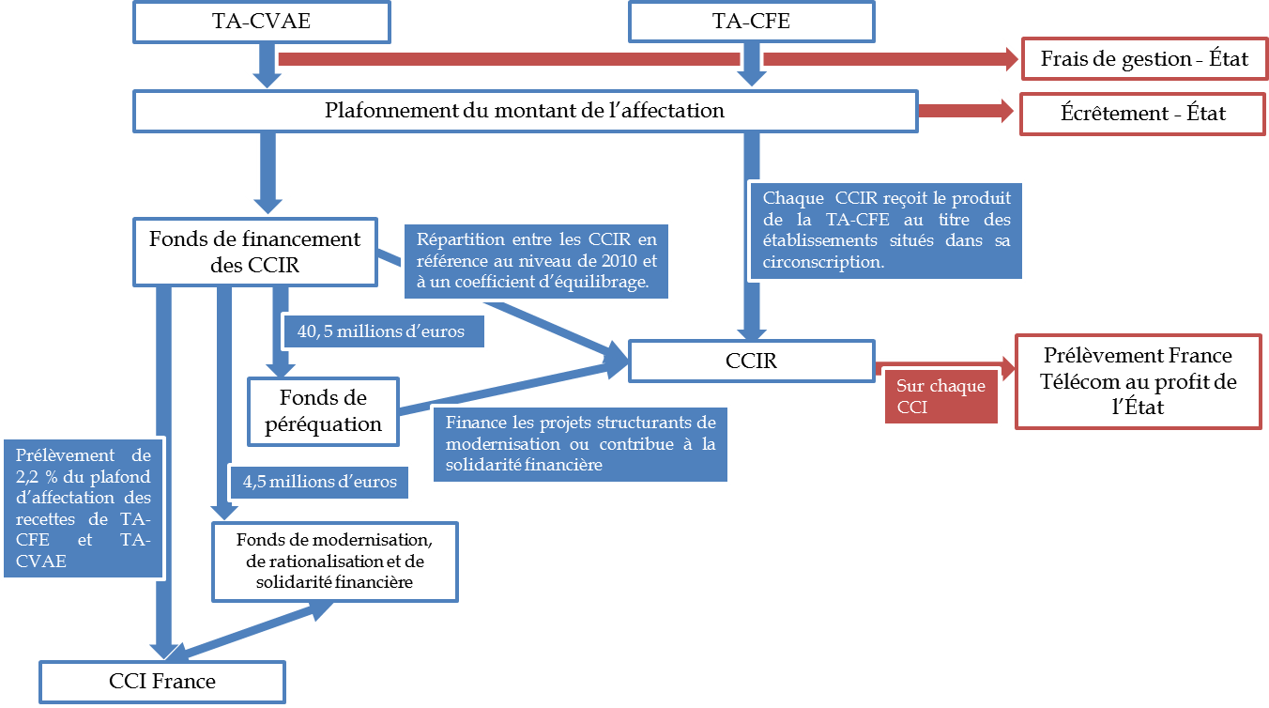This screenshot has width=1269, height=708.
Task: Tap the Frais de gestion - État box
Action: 1144,60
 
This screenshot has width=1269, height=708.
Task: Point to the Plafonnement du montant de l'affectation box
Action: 525,111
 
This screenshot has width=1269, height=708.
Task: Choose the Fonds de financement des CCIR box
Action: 254,252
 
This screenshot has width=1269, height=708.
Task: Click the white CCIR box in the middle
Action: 752,361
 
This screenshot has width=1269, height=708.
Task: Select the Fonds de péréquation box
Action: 323,410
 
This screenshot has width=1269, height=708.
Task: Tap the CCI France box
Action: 162,681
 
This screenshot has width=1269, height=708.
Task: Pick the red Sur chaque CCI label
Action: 940,397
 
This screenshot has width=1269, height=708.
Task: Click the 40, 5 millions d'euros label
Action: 385,331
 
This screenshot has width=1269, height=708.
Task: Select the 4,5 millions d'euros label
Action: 319,482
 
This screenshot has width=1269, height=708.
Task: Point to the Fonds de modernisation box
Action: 334,562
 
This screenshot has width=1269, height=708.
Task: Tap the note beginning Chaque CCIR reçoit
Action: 887,231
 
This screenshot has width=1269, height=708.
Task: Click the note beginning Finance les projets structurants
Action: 580,444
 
